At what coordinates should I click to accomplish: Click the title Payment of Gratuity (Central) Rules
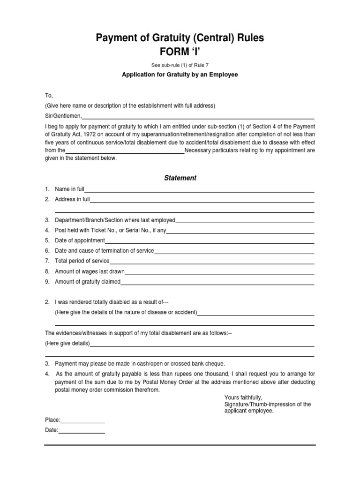coord(180,38)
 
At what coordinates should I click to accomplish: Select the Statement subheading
coord(180,178)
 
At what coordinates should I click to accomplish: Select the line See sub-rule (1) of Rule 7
coord(180,65)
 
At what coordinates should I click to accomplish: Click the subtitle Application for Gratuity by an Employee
coord(180,75)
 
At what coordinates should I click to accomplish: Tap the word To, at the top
coord(49,96)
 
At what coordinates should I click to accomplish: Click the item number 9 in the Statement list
coord(47,282)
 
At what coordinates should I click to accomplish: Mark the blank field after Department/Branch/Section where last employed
coord(245,221)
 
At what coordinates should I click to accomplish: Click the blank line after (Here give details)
coord(202,344)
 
